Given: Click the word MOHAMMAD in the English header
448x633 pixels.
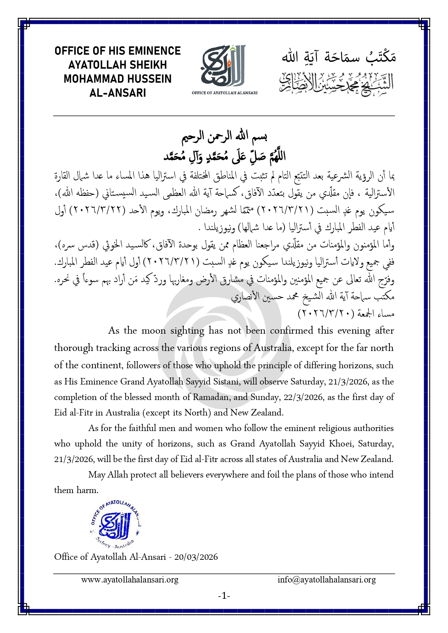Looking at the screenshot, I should point(90,79).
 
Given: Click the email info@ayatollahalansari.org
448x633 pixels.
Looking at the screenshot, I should point(327,580).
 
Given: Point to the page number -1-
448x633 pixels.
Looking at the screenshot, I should point(224,595).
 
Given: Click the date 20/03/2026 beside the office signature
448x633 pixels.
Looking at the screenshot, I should point(196,557).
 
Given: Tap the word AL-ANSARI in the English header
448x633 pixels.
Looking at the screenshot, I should point(118,93).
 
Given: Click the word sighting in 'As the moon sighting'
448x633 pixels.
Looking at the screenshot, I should point(187,331).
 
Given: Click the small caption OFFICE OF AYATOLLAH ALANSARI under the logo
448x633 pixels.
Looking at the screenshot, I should point(225,93).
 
